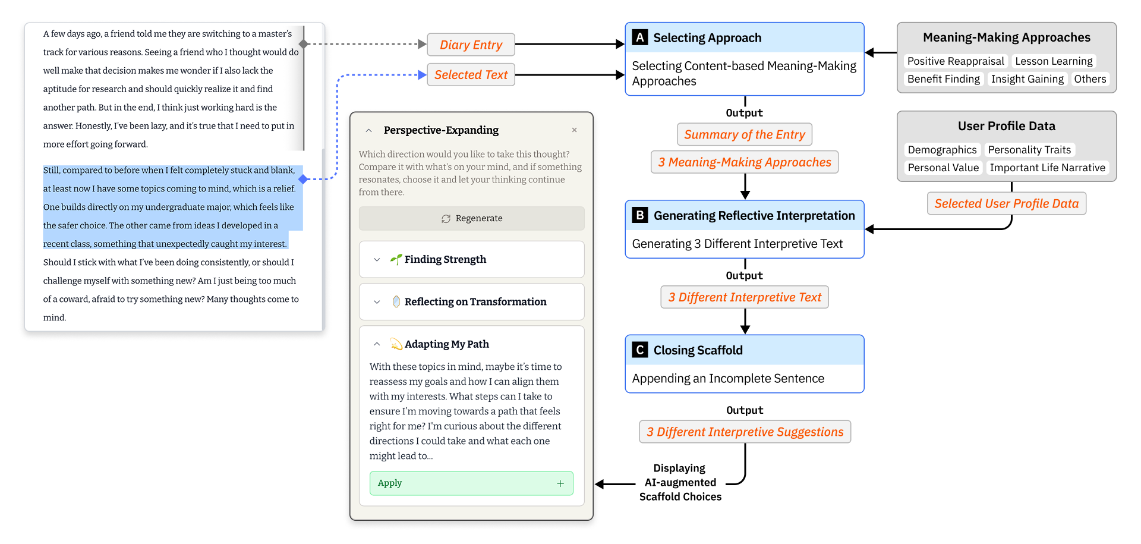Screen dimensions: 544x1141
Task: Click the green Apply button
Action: click(x=471, y=483)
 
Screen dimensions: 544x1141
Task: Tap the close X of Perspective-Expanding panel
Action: click(x=574, y=130)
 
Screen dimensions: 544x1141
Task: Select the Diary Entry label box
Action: click(x=471, y=45)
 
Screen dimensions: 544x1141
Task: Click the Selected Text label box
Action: click(x=471, y=75)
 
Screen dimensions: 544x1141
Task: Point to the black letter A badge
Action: click(x=640, y=37)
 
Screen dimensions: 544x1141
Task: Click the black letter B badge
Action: click(x=640, y=215)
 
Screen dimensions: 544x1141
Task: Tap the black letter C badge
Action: click(x=640, y=350)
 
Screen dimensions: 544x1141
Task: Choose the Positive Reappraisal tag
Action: click(x=955, y=61)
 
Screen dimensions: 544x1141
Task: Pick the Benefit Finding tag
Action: click(x=943, y=79)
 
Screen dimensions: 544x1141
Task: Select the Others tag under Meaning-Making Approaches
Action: click(x=1089, y=79)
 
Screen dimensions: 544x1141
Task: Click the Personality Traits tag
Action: click(x=1029, y=150)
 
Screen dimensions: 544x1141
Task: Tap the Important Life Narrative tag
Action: click(x=1047, y=168)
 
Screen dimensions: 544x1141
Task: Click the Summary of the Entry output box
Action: click(x=744, y=134)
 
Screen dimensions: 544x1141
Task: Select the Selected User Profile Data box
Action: click(x=1006, y=203)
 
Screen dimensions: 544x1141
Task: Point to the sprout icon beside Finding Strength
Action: click(x=396, y=259)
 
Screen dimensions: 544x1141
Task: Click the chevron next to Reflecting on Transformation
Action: click(x=377, y=302)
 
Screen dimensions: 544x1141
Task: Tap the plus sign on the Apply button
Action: click(x=560, y=483)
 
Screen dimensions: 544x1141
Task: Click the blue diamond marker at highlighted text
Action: click(x=303, y=179)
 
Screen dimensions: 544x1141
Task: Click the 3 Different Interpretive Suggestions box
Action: click(x=745, y=432)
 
